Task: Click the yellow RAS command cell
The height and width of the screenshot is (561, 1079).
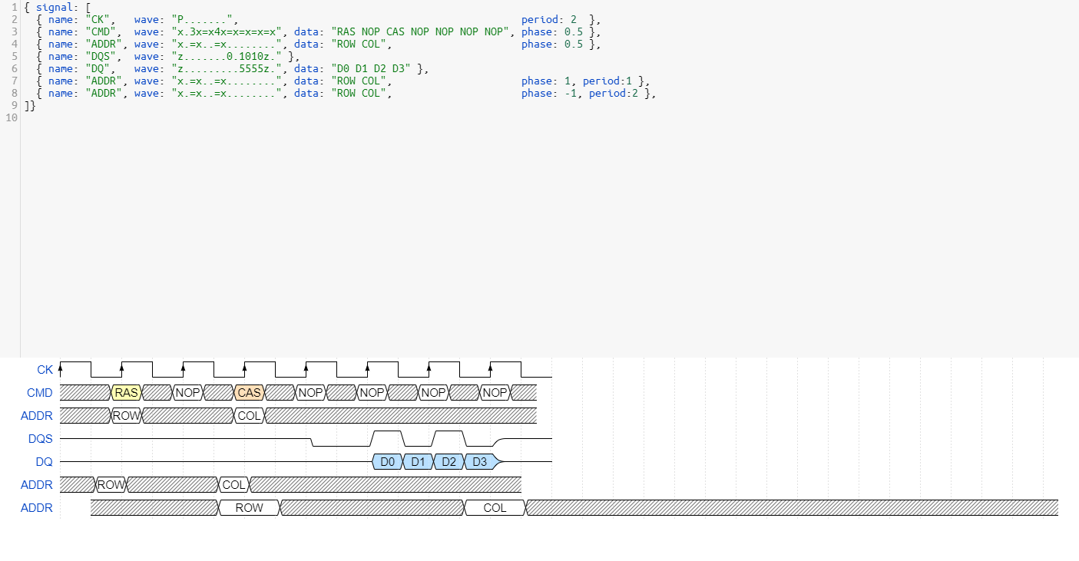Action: (x=126, y=392)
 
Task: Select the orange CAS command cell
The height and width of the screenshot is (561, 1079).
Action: (x=249, y=392)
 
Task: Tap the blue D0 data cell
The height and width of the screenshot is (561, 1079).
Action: (x=387, y=462)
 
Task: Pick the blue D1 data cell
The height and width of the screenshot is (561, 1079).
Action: (x=418, y=462)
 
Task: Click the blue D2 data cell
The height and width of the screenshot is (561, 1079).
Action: (x=449, y=462)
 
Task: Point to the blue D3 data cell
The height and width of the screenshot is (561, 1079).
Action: (x=481, y=462)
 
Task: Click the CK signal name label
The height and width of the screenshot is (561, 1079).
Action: (x=45, y=370)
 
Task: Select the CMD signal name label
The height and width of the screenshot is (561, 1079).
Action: (x=39, y=393)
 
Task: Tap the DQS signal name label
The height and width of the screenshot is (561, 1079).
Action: (x=41, y=439)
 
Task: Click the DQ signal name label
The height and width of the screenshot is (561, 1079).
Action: (x=44, y=462)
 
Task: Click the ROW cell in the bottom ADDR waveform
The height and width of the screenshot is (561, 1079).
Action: (x=249, y=508)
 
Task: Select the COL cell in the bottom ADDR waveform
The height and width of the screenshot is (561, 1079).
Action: (x=495, y=508)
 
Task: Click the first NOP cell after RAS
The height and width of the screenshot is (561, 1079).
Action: (x=187, y=392)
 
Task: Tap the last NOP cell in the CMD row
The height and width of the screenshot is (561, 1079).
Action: (x=495, y=392)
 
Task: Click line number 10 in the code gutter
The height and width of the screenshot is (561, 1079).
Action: (x=12, y=117)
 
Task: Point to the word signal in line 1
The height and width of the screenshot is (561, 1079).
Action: (x=55, y=7)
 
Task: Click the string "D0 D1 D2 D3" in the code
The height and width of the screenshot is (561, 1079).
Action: (x=371, y=68)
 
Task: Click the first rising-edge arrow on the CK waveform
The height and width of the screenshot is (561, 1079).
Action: (x=60, y=369)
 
